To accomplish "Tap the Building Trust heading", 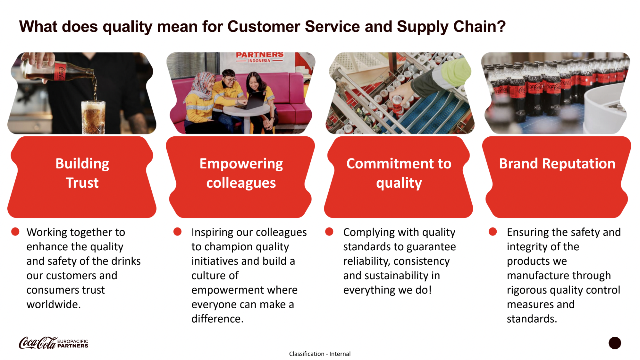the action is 82,173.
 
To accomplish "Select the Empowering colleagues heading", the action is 241,173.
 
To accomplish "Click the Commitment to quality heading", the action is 399,173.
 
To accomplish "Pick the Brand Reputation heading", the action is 557,164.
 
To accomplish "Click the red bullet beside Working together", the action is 15,232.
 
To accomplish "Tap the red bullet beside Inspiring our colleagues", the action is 177,232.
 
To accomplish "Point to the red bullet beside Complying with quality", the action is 329,232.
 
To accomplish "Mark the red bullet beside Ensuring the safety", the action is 493,232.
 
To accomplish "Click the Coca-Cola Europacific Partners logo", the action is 54,343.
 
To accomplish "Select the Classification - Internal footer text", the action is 320,354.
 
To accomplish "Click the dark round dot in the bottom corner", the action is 615,343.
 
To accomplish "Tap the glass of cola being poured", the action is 93,117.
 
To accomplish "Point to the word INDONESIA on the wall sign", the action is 259,61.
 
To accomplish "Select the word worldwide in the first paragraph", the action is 54,304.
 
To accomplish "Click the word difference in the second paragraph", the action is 217,319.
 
